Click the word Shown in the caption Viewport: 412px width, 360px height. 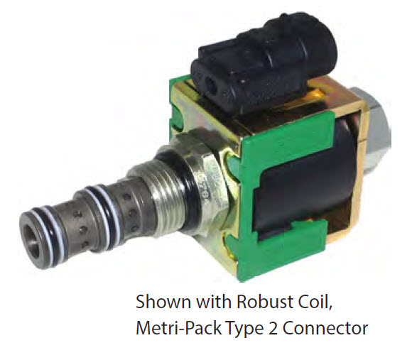[163, 302]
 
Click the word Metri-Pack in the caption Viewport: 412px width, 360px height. [179, 328]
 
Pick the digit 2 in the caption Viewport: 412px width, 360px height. [273, 328]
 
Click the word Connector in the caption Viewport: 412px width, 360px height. [325, 328]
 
